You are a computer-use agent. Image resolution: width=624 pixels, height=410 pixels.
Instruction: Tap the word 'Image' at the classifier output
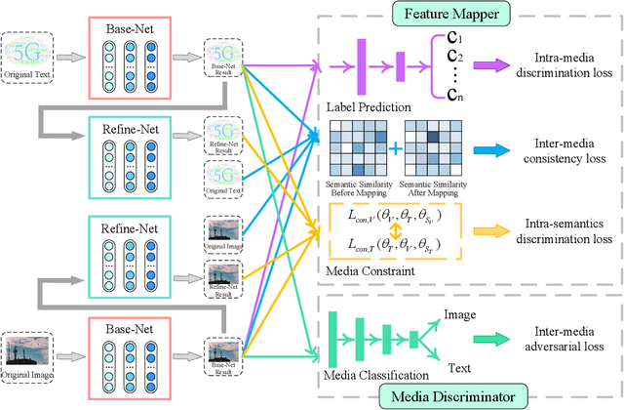[460, 315]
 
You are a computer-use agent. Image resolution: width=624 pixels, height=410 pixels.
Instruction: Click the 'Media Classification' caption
[375, 375]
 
